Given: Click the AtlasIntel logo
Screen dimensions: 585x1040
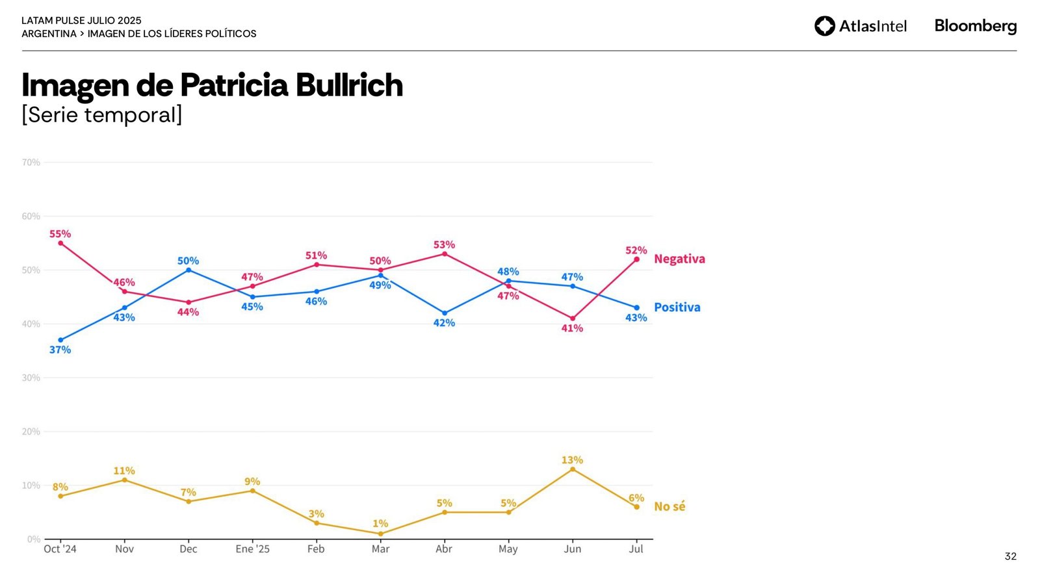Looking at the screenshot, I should (x=860, y=26).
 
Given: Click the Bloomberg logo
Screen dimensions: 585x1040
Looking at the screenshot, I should (x=975, y=26).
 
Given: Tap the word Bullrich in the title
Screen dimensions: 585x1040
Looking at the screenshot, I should (x=349, y=85).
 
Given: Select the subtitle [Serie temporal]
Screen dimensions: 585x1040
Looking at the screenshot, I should (x=102, y=114).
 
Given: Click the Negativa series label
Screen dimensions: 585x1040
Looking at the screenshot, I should (x=679, y=259).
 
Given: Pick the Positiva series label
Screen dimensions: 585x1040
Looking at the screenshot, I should (x=677, y=307).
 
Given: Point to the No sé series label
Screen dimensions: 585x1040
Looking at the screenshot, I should (x=669, y=506).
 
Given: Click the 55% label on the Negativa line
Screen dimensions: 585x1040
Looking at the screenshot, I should (x=60, y=234).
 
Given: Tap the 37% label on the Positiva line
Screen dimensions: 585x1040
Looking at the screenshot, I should (x=60, y=350).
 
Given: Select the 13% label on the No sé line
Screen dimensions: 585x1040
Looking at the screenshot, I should (x=572, y=460).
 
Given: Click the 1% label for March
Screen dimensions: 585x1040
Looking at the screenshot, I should (x=380, y=523).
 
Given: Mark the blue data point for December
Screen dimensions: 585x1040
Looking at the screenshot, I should (x=188, y=270).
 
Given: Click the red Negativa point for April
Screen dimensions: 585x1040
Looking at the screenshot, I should (x=445, y=253).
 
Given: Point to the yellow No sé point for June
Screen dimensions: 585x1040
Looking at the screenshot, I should (x=573, y=469).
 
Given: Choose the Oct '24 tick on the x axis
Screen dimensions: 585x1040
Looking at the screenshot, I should (x=60, y=549).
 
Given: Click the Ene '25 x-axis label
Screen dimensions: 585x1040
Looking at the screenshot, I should (x=252, y=549).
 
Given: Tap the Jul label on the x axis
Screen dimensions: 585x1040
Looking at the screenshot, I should (x=636, y=549).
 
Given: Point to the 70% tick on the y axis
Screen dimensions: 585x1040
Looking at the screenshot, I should (x=31, y=162).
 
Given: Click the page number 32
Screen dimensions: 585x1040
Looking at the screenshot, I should (x=1010, y=556).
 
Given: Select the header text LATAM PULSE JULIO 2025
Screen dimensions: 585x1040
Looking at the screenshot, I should (x=81, y=21).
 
